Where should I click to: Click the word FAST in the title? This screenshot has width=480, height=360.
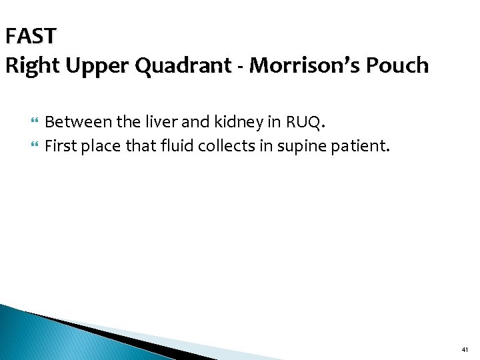[x=31, y=35]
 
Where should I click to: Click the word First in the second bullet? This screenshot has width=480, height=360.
[x=60, y=145]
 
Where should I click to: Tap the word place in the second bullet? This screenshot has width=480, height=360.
[x=100, y=145]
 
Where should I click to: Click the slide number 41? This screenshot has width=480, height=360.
[x=465, y=349]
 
